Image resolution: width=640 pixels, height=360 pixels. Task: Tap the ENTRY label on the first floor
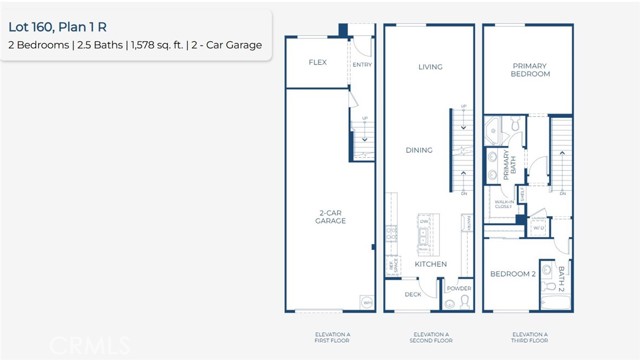click(x=362, y=65)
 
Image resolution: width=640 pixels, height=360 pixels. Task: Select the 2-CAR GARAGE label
click(x=331, y=216)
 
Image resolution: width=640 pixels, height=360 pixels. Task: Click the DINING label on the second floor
click(x=419, y=150)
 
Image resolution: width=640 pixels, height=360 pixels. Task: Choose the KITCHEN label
click(x=431, y=265)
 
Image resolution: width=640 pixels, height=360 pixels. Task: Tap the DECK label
click(x=413, y=294)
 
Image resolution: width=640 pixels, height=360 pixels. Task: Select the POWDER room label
click(x=459, y=288)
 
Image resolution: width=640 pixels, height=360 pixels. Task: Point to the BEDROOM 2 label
click(x=513, y=273)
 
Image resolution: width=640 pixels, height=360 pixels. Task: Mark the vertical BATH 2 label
click(x=561, y=277)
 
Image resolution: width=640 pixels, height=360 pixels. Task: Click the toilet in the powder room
click(x=451, y=303)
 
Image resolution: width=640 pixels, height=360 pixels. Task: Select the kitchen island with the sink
click(x=423, y=234)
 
